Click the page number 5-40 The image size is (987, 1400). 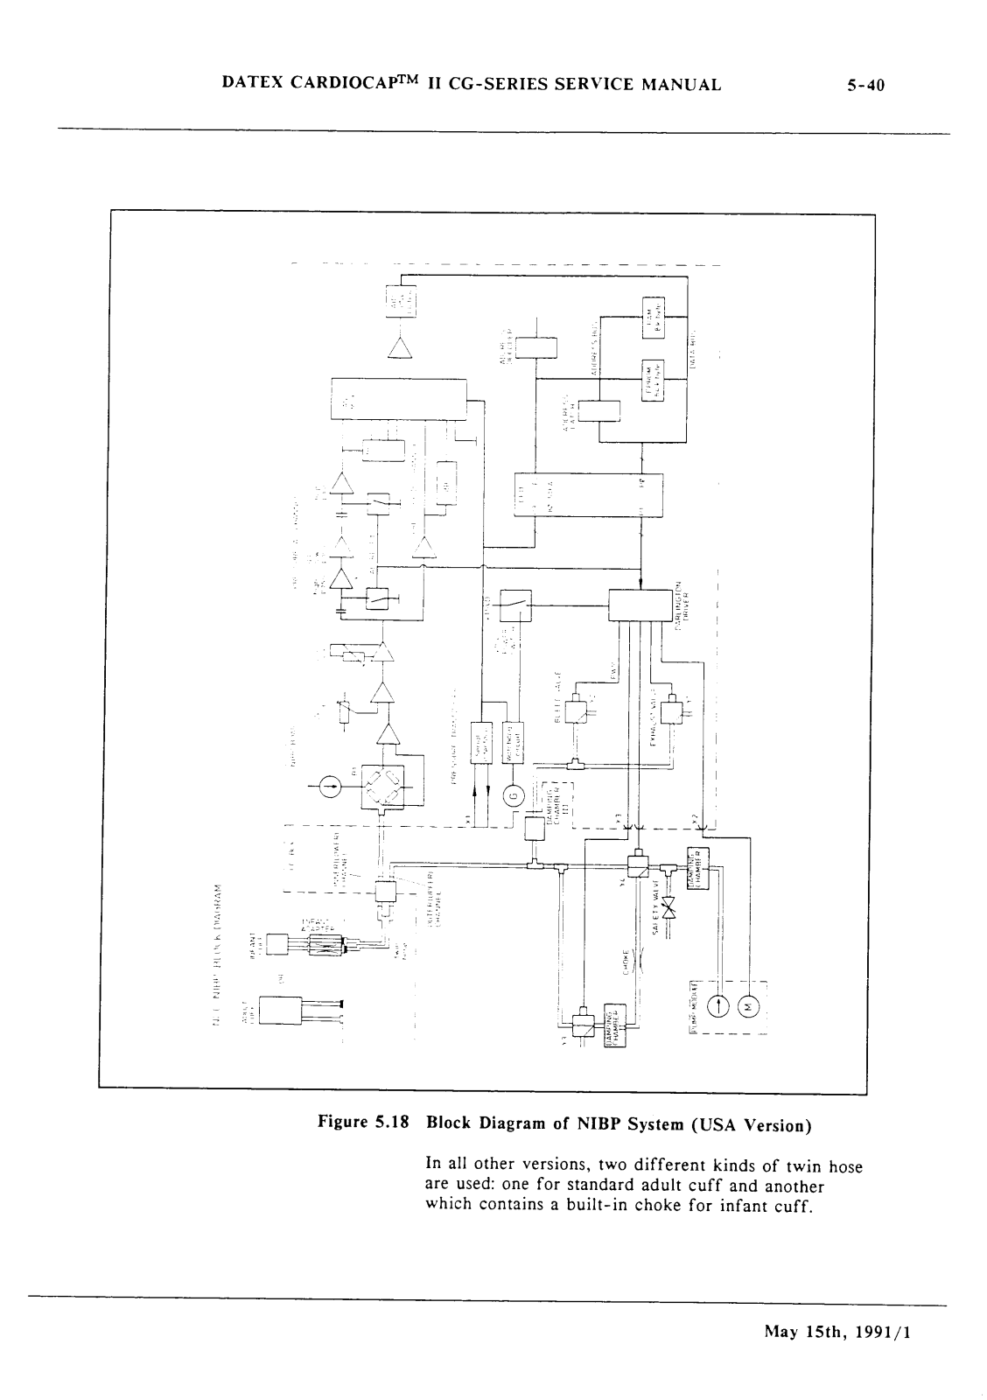pyautogui.click(x=866, y=85)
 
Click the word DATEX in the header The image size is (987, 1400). pyautogui.click(x=252, y=84)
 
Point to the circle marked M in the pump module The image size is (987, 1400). pyautogui.click(x=749, y=1005)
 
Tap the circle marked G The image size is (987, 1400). pyautogui.click(x=514, y=794)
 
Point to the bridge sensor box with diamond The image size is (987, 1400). pyautogui.click(x=382, y=787)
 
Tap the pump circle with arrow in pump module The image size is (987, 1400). pyautogui.click(x=718, y=1005)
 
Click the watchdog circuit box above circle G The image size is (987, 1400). pyautogui.click(x=513, y=741)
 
